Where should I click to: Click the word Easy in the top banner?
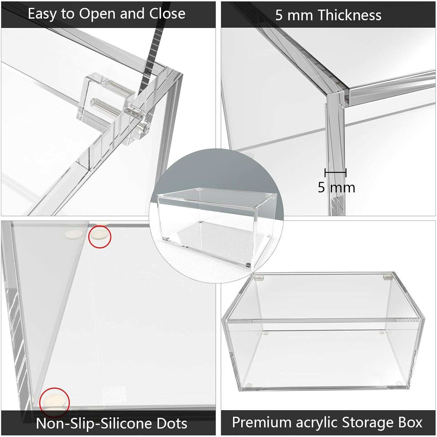pos(42,14)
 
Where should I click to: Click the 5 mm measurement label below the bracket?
pos(336,187)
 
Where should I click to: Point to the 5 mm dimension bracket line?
pos(335,172)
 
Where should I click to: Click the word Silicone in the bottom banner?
pos(126,423)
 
